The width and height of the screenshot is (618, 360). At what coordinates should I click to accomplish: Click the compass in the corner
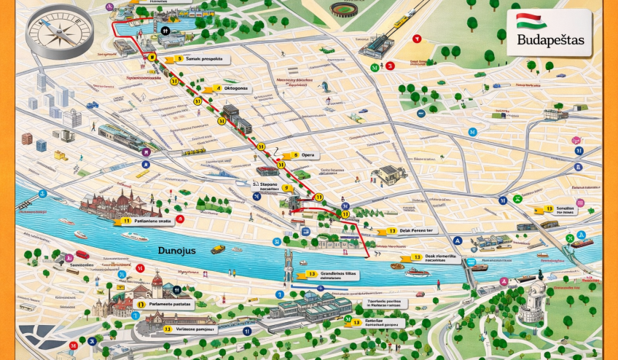coord(60,33)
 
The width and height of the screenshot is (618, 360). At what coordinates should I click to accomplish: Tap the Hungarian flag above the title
coord(531,21)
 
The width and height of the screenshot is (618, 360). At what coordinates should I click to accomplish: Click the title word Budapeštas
coord(550,41)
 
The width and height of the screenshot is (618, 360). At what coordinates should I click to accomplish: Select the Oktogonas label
coord(235,88)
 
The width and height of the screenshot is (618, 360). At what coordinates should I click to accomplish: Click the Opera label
coord(308,155)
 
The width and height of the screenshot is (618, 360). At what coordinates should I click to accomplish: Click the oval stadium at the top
coord(345,9)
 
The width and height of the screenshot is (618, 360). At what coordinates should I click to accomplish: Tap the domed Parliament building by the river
coord(120,203)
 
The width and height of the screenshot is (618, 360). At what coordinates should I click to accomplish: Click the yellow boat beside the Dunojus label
coord(218,249)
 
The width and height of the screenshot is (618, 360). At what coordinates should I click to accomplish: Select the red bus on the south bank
coord(82,255)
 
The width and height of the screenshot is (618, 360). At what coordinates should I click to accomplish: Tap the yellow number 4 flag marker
coord(216,88)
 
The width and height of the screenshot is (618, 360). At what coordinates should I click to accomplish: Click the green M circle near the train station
coord(375,67)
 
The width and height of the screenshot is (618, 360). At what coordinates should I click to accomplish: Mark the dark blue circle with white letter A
coord(457,240)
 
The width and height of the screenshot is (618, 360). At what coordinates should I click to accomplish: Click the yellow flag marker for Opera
coord(286,155)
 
